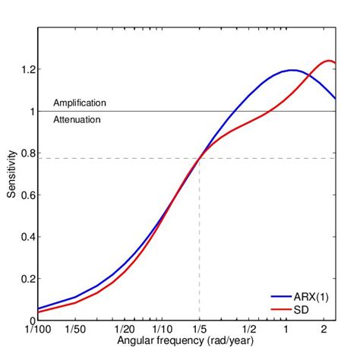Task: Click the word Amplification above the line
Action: point(80,103)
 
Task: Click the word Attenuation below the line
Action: point(77,120)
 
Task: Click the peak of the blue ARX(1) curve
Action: point(291,71)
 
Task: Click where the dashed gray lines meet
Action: point(199,158)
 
